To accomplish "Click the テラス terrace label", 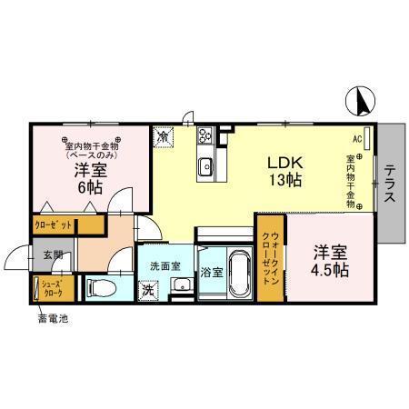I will click(x=389, y=185).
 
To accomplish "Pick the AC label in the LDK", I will click(x=357, y=139).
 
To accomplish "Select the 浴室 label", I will click(x=211, y=272).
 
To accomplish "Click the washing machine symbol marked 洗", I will click(x=148, y=291).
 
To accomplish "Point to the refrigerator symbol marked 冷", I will click(x=163, y=136).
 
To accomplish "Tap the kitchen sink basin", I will click(x=206, y=165).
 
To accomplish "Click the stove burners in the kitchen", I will click(x=205, y=138).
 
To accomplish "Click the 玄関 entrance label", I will click(x=51, y=256).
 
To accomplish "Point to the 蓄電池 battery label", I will click(x=52, y=319).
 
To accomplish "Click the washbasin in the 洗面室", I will click(x=181, y=286).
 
